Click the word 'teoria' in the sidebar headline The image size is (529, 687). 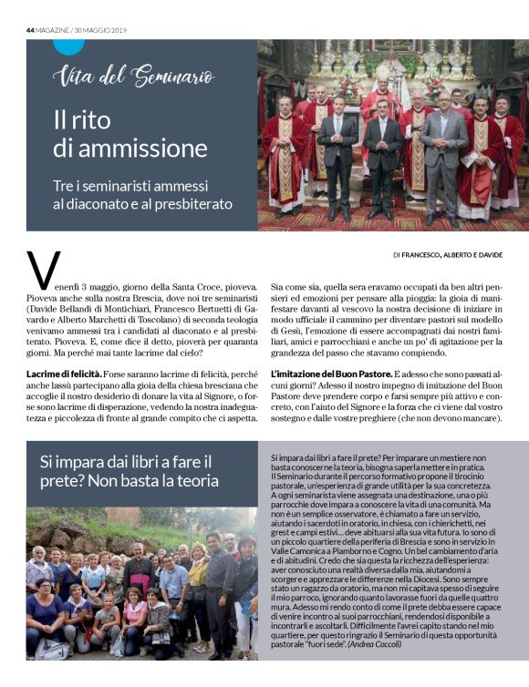[196, 481]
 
